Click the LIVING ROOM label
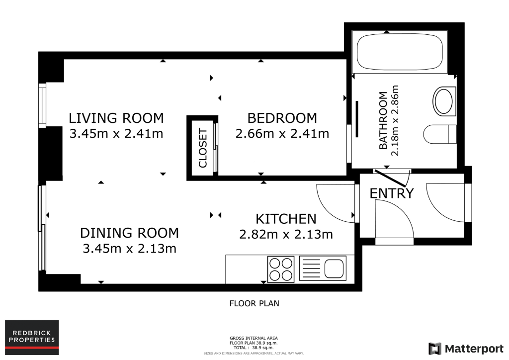click(x=116, y=118)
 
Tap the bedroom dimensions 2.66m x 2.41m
click(x=282, y=133)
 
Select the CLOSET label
click(x=203, y=148)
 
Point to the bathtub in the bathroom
click(x=400, y=52)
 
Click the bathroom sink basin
click(x=444, y=101)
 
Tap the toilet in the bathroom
click(x=440, y=134)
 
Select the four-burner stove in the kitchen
click(x=281, y=269)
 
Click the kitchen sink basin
click(x=334, y=269)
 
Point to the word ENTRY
click(x=392, y=193)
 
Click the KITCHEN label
click(x=286, y=219)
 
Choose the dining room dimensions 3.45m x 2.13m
click(x=130, y=249)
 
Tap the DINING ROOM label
click(x=130, y=233)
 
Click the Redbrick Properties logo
click(x=32, y=338)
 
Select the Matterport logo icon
click(x=435, y=349)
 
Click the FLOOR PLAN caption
click(x=254, y=303)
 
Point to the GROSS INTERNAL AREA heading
click(x=254, y=338)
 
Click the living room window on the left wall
click(x=42, y=105)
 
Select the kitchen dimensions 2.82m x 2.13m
click(x=286, y=234)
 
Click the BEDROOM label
click(x=282, y=118)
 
